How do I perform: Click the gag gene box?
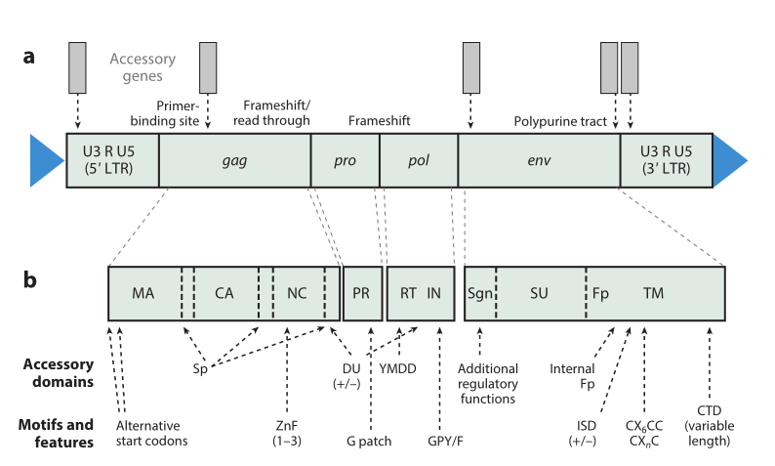click(234, 160)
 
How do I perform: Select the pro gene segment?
click(345, 160)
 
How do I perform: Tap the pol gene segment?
click(418, 160)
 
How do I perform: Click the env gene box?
click(539, 160)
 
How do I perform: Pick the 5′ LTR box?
click(112, 160)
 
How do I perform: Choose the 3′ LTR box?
click(666, 160)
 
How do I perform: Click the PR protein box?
click(361, 293)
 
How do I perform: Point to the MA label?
click(143, 293)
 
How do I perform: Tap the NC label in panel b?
click(297, 293)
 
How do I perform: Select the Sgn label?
click(479, 293)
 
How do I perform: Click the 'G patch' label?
click(370, 442)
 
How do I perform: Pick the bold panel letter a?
click(30, 57)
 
